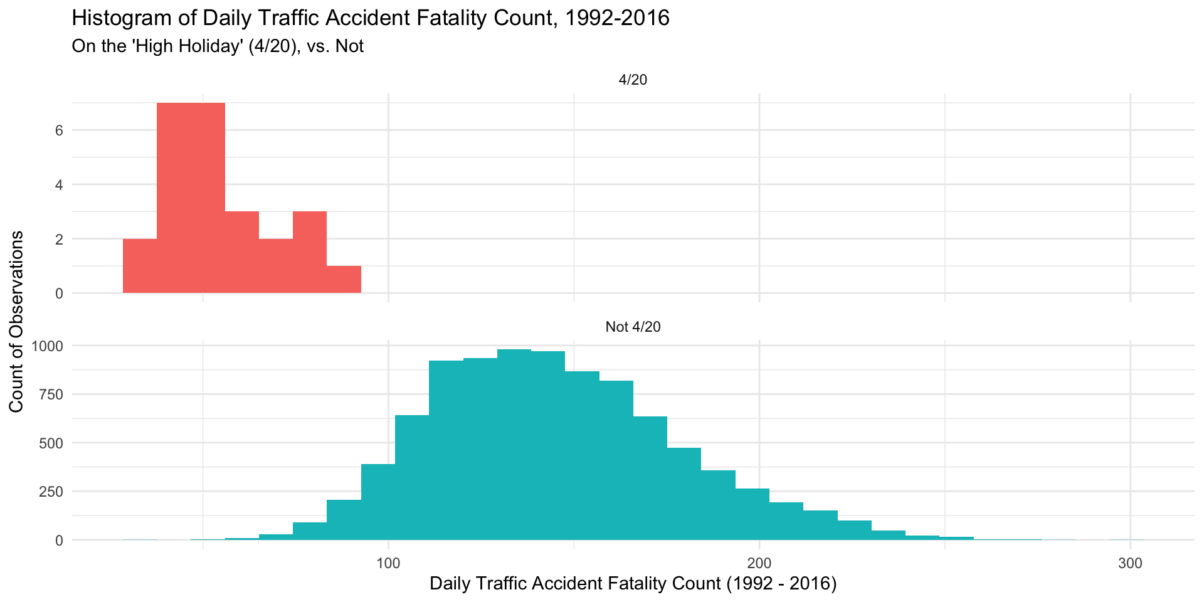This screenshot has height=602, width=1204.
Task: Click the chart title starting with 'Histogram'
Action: click(371, 18)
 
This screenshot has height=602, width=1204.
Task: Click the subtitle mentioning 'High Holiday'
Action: click(218, 46)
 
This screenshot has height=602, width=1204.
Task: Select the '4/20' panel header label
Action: click(633, 80)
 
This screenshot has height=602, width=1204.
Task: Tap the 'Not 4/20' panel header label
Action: click(633, 327)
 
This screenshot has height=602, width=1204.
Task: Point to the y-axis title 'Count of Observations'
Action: click(17, 322)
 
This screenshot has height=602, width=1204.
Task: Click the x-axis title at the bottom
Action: click(633, 584)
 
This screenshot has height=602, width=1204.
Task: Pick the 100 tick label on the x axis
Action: click(388, 563)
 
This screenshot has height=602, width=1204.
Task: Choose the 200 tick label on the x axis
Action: click(759, 563)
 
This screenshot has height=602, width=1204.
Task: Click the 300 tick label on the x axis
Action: click(1130, 563)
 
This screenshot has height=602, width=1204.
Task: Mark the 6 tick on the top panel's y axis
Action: click(59, 130)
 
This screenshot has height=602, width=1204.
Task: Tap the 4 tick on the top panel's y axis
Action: click(59, 185)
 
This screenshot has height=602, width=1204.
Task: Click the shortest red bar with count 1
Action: click(344, 280)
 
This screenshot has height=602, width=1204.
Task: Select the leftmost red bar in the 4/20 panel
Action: click(140, 266)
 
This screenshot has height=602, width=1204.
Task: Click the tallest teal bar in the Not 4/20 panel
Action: click(514, 445)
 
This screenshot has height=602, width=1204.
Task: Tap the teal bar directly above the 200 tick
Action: click(752, 514)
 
